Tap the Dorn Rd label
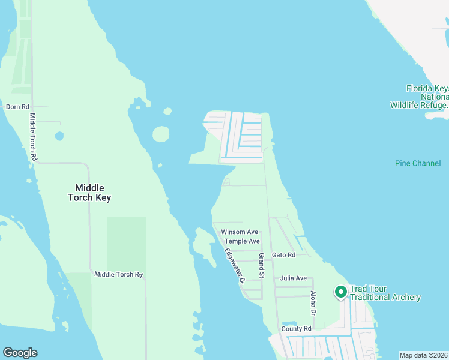17,107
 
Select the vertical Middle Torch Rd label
34,137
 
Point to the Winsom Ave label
239,232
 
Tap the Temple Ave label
242,241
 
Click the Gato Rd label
283,255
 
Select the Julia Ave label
293,278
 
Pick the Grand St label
261,266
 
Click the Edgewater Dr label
235,265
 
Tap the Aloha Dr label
313,303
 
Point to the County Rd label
296,329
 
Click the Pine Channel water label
418,163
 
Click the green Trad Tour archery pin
340,292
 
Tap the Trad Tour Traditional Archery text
385,293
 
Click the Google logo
20,353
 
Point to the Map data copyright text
423,355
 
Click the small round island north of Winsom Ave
161,134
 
